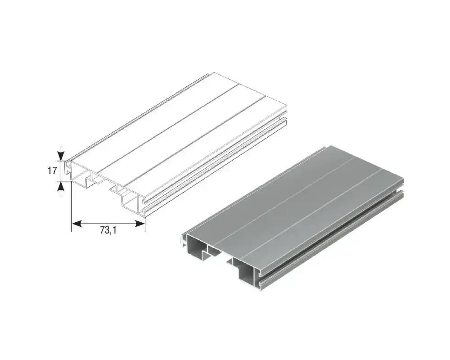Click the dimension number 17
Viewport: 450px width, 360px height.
tap(52, 171)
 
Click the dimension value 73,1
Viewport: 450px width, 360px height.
tap(108, 229)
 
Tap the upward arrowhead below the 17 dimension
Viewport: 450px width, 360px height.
tap(61, 186)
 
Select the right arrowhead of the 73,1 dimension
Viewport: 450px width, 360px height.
tap(140, 223)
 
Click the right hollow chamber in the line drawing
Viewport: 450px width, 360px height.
tap(130, 198)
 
